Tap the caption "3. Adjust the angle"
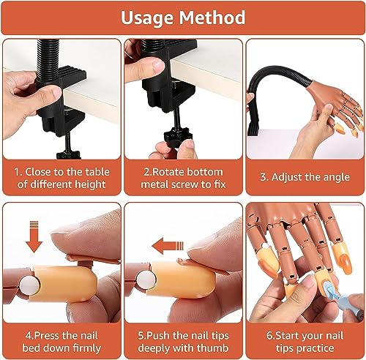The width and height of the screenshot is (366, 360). click(x=305, y=176)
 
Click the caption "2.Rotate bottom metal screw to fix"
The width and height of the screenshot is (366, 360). click(x=182, y=176)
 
